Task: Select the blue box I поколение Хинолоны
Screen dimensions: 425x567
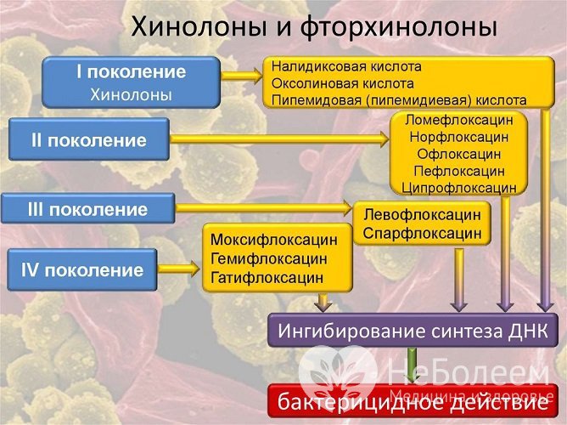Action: coord(131,83)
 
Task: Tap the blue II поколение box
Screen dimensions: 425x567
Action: coord(88,139)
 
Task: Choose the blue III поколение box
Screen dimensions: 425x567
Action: coord(88,209)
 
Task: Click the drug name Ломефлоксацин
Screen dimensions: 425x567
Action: coord(458,120)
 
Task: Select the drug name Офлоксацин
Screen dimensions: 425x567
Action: coord(458,153)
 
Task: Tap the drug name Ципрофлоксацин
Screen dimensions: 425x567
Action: coord(458,186)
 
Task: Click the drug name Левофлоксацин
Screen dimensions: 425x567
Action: coord(422,214)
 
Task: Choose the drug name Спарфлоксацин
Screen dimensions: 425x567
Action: coord(422,232)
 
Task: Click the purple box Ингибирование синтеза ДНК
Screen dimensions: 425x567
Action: coord(413,330)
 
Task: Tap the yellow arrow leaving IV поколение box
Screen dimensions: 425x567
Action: coord(179,270)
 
